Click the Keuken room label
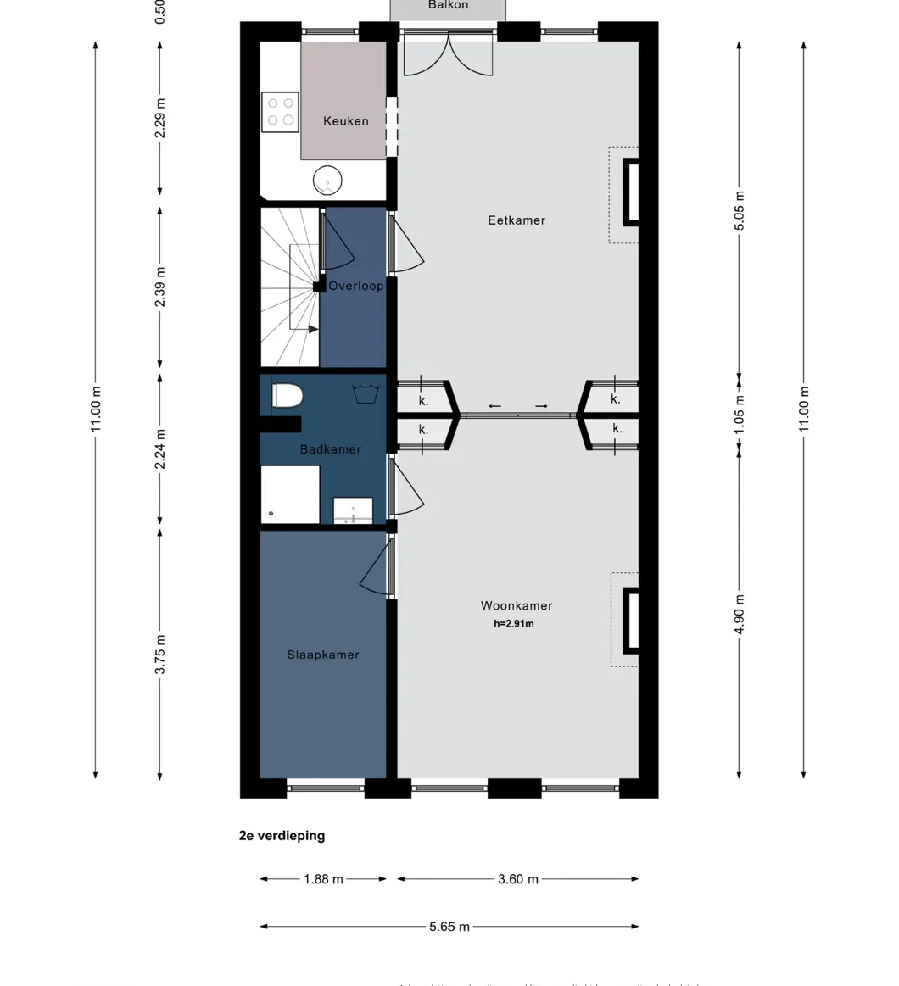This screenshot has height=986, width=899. point(345,121)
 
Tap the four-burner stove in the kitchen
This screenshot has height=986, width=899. point(281,112)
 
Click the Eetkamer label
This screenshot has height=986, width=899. point(517,220)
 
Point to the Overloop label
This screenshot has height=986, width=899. point(356,287)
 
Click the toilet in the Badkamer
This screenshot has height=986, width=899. point(288,395)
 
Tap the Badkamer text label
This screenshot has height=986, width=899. point(331,449)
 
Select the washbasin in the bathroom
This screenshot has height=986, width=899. point(353,511)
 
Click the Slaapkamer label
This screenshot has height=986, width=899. point(322,655)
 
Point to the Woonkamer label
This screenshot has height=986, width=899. point(517,606)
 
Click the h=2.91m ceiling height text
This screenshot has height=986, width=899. point(514,624)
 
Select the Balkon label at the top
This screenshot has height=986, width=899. point(448,6)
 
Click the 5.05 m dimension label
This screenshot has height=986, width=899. point(739,209)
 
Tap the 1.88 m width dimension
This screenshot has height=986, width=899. point(323,879)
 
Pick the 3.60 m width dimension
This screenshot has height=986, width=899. point(517,879)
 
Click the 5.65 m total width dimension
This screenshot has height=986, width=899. point(449,927)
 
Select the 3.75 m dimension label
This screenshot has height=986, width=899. point(160,655)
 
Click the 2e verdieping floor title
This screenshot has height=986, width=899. point(282,836)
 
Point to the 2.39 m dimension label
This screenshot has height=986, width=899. point(160,287)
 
